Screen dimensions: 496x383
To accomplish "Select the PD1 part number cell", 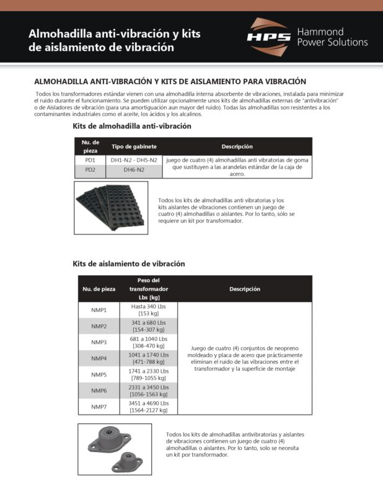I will [90, 160].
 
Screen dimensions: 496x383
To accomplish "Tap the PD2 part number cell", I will [90, 169].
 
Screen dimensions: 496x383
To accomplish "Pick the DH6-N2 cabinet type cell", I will [134, 169].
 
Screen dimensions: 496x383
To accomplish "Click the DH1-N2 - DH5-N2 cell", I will [134, 160].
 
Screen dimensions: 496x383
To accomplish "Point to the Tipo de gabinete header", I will [134, 146].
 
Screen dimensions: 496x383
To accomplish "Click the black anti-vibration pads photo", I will [112, 206].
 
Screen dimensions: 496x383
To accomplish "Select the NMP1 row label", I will [99, 310].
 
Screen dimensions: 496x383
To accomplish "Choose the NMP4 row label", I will [99, 358].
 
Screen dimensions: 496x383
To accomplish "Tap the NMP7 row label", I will [99, 407].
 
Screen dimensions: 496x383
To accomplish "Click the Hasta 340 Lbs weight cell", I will [149, 310].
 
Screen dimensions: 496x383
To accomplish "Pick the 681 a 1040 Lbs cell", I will [149, 342].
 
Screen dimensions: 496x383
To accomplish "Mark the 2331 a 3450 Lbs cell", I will [149, 391].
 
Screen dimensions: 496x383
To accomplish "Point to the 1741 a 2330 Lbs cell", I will [149, 374].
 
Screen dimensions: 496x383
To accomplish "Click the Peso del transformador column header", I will [149, 289].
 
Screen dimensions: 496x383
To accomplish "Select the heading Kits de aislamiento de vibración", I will [129, 263].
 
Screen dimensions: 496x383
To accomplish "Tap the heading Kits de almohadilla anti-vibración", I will [132, 126].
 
